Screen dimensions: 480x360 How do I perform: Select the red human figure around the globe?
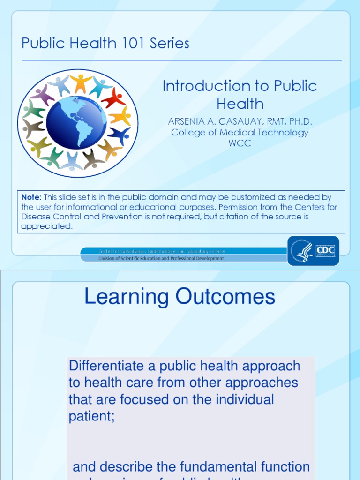[x=113, y=98]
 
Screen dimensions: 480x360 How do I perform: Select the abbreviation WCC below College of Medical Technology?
[x=240, y=143]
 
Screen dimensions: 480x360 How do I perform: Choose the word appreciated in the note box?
[x=47, y=226]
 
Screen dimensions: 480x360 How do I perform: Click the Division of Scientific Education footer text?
[x=161, y=258]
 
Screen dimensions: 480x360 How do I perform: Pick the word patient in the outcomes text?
[x=91, y=416]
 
